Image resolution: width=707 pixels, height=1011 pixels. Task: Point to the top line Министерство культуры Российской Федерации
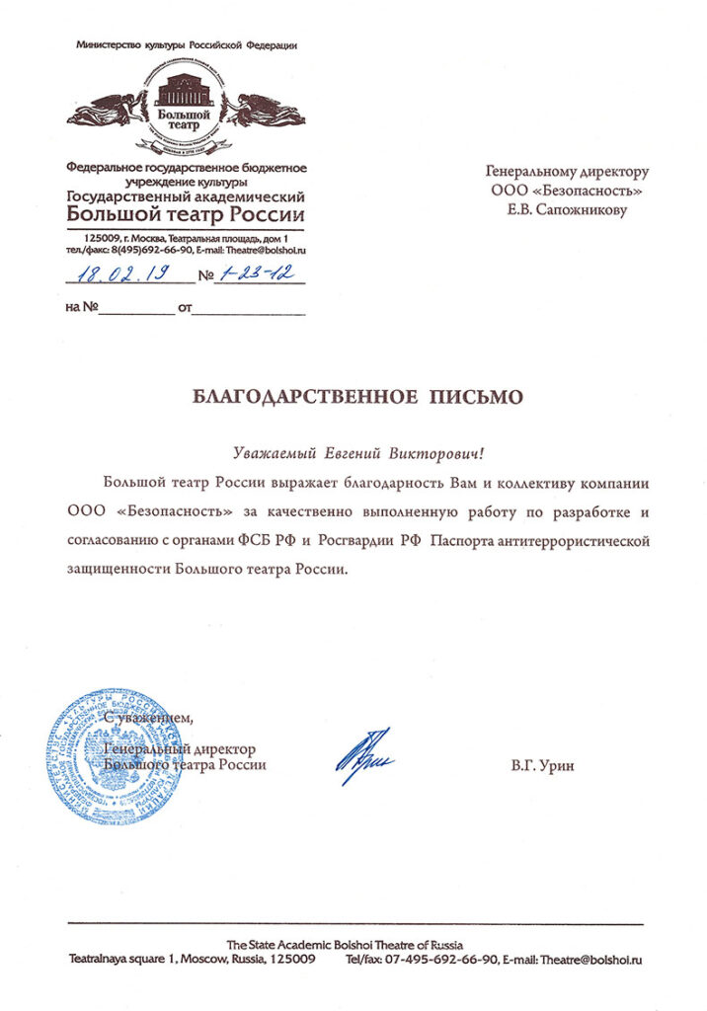tap(186, 45)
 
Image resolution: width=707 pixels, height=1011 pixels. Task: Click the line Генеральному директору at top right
tap(569, 172)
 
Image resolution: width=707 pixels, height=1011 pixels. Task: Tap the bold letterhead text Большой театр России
tap(186, 214)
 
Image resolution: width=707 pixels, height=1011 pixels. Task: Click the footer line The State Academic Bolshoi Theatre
tap(345, 944)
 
